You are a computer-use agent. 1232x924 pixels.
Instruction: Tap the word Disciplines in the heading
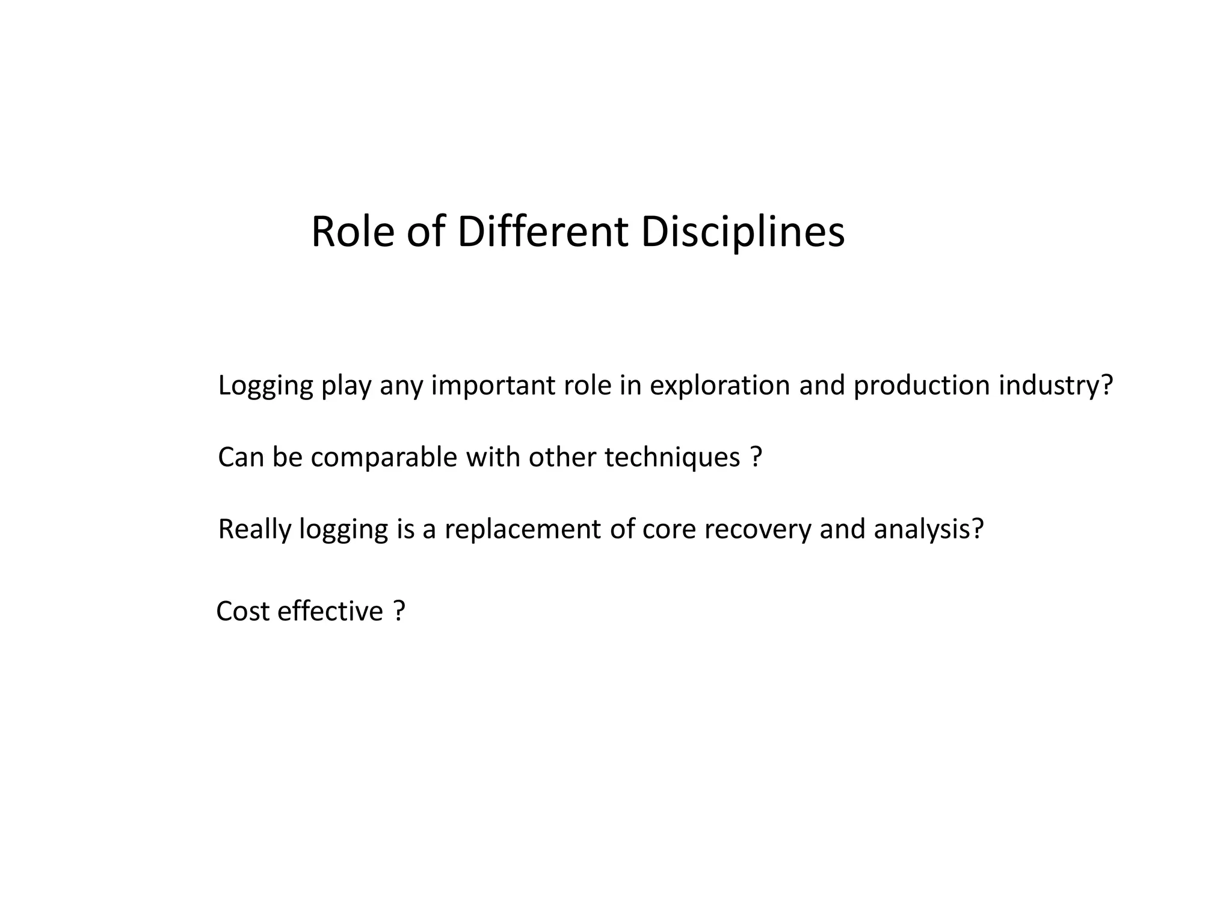coord(742,232)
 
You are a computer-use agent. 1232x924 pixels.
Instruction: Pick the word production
coord(922,386)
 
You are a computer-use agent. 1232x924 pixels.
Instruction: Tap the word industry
coord(1056,386)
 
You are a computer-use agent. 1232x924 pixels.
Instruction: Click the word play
coord(346,386)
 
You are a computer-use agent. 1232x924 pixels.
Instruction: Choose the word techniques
coord(672,457)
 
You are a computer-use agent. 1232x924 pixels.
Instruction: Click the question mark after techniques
coord(757,457)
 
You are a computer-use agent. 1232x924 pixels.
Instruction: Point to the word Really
coord(254,529)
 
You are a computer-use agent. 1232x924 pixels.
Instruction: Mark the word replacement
coord(523,529)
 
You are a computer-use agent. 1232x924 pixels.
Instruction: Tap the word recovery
coord(757,529)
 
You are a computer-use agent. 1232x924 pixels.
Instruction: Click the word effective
coord(330,612)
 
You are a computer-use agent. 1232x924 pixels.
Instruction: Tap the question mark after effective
coord(399,612)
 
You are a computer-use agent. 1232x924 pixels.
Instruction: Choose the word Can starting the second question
coord(241,457)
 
